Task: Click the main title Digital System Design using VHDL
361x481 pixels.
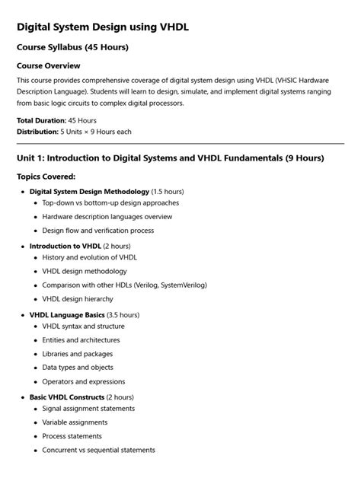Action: [103, 27]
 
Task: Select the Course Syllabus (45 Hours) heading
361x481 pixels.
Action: [72, 48]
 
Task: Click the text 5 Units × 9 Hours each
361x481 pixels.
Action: [96, 132]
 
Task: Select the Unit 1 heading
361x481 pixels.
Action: [170, 158]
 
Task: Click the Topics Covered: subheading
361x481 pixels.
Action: [46, 177]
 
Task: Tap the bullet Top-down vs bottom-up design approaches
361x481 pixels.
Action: [110, 203]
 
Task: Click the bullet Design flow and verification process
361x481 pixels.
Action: [97, 231]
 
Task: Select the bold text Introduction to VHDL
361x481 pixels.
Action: [65, 247]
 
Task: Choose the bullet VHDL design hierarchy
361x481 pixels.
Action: [78, 299]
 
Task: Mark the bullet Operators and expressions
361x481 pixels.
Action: [84, 381]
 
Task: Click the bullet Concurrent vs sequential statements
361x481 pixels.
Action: [98, 450]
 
